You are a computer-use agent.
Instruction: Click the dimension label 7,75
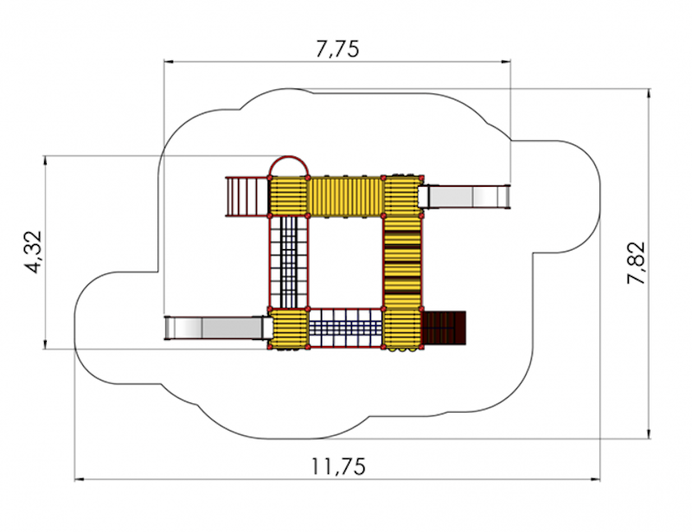pyautogui.click(x=337, y=48)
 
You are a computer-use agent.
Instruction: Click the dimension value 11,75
pyautogui.click(x=339, y=466)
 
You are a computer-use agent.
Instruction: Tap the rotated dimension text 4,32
pyautogui.click(x=34, y=252)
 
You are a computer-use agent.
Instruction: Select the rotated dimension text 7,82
pyautogui.click(x=636, y=263)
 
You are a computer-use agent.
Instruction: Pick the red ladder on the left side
pyautogui.click(x=247, y=196)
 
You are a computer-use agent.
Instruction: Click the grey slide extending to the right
pyautogui.click(x=465, y=196)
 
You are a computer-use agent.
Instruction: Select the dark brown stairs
pyautogui.click(x=444, y=329)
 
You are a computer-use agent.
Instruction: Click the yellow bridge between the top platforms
pyautogui.click(x=345, y=197)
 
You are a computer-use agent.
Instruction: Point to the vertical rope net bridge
pyautogui.click(x=289, y=261)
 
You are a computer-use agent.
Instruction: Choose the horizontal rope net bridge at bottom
pyautogui.click(x=345, y=329)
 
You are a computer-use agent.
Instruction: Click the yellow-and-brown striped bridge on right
pyautogui.click(x=401, y=261)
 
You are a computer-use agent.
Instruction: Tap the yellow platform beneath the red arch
pyautogui.click(x=289, y=197)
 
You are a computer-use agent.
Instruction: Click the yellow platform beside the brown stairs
pyautogui.click(x=402, y=329)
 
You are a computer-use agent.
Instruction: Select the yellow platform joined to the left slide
pyautogui.click(x=289, y=329)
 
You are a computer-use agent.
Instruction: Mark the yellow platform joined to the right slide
pyautogui.click(x=402, y=196)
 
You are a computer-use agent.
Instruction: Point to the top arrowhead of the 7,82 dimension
pyautogui.click(x=649, y=93)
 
